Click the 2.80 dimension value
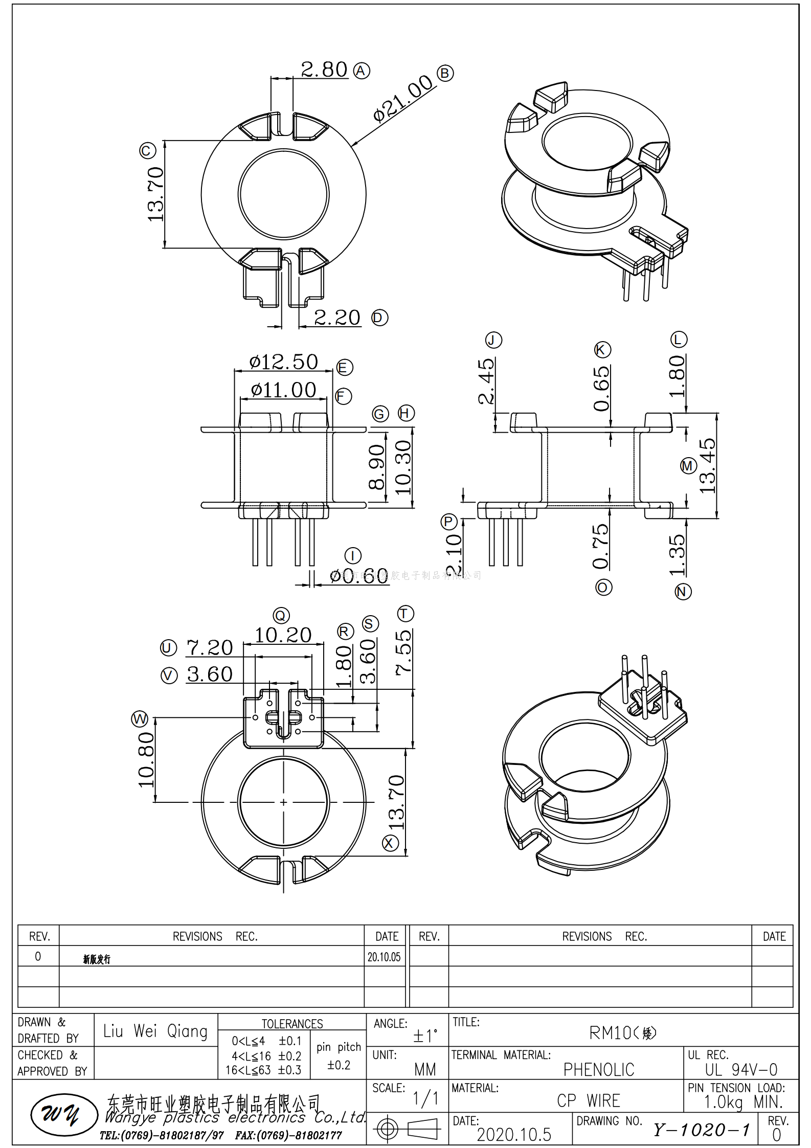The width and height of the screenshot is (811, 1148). [x=324, y=70]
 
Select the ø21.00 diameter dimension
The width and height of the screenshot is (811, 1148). [x=403, y=98]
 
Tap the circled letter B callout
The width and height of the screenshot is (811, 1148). [x=445, y=73]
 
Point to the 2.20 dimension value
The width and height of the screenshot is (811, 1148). [x=336, y=318]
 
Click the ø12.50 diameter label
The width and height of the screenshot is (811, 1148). [x=283, y=362]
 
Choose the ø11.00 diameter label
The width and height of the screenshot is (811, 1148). [x=283, y=390]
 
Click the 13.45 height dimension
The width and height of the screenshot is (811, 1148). [x=708, y=465]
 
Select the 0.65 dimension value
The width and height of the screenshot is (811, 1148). [x=602, y=388]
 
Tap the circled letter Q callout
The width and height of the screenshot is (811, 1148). [x=281, y=615]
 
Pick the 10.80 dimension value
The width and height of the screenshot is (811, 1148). [x=146, y=759]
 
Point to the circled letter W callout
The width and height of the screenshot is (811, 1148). [x=140, y=718]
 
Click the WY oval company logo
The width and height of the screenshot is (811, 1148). [x=64, y=1114]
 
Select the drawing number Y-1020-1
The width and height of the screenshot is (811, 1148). [x=701, y=1130]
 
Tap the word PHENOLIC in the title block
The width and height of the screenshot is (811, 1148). [x=598, y=1069]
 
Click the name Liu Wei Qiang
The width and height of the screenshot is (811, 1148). [x=155, y=1031]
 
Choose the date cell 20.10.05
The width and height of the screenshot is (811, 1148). [x=384, y=957]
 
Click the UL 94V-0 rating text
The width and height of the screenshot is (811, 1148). [x=741, y=1069]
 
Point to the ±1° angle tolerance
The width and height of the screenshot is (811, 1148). [x=425, y=1036]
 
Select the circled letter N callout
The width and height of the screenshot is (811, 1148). [x=683, y=592]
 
